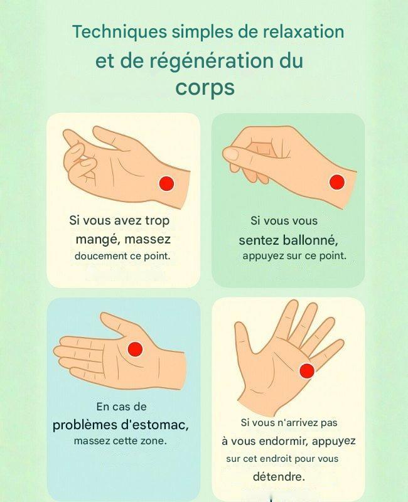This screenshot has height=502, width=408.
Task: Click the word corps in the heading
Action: (205, 87)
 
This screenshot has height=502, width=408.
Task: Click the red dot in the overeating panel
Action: (166, 184)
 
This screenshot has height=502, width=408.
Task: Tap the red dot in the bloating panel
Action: (337, 182)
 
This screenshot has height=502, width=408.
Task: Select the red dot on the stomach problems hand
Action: (135, 349)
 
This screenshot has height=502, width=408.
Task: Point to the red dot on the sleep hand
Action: (307, 371)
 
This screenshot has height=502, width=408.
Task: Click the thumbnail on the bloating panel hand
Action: (231, 154)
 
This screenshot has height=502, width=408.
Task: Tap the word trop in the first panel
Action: (158, 221)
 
